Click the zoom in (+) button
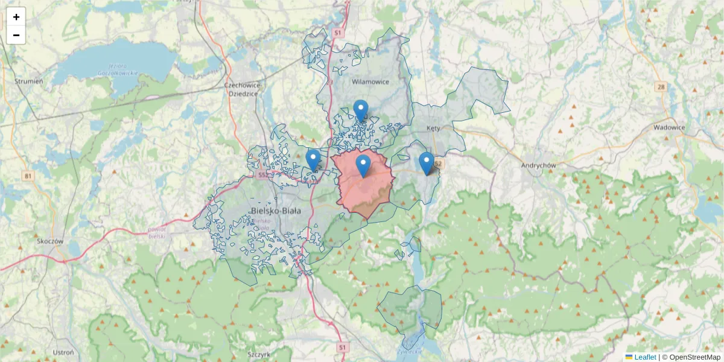click(16, 17)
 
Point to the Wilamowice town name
click(370, 81)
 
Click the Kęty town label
click(434, 129)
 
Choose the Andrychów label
click(539, 165)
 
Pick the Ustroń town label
click(63, 352)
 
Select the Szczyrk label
click(259, 354)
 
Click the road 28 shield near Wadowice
click(661, 87)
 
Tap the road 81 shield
click(28, 176)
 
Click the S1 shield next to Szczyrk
click(343, 348)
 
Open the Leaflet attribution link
click(644, 357)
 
